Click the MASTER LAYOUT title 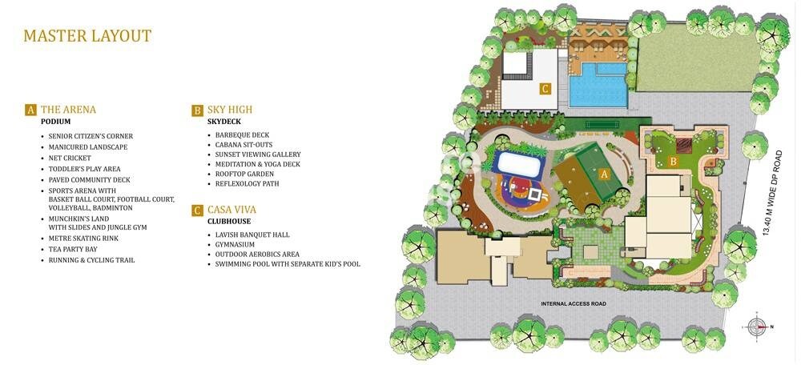(87, 36)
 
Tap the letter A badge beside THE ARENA (30, 110)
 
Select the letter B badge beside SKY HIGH (197, 110)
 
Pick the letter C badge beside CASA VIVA (197, 211)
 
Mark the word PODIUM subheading (56, 122)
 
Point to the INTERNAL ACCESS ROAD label (574, 304)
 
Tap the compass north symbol (756, 327)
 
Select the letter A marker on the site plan (606, 173)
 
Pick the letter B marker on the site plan (674, 161)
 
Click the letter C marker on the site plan (545, 89)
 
